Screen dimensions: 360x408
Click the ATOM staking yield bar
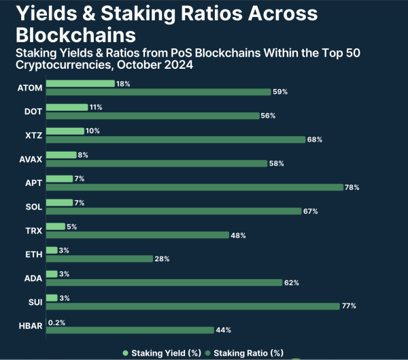coord(80,84)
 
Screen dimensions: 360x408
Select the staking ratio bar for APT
coord(194,187)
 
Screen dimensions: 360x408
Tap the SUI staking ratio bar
coord(192,306)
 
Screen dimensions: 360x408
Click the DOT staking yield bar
coord(67,108)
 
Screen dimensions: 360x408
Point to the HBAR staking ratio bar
coord(129,330)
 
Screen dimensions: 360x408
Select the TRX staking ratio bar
coord(137,235)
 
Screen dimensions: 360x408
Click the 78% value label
coord(352,187)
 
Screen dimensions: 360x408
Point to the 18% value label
coord(123,84)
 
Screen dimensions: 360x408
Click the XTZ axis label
coord(33,135)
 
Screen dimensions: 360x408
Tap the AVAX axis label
coord(31,159)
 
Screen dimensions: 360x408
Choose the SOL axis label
coord(34,207)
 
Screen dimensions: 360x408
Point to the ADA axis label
coord(34,278)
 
